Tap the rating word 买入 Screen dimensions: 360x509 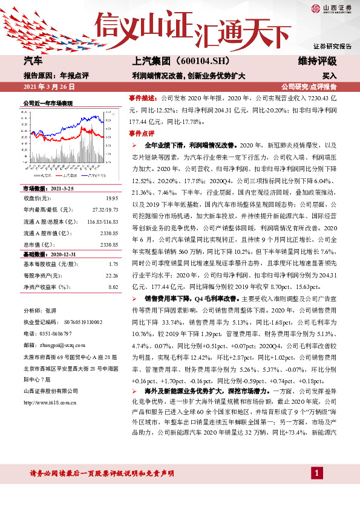[329, 77]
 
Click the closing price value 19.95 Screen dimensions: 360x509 [112, 198]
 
